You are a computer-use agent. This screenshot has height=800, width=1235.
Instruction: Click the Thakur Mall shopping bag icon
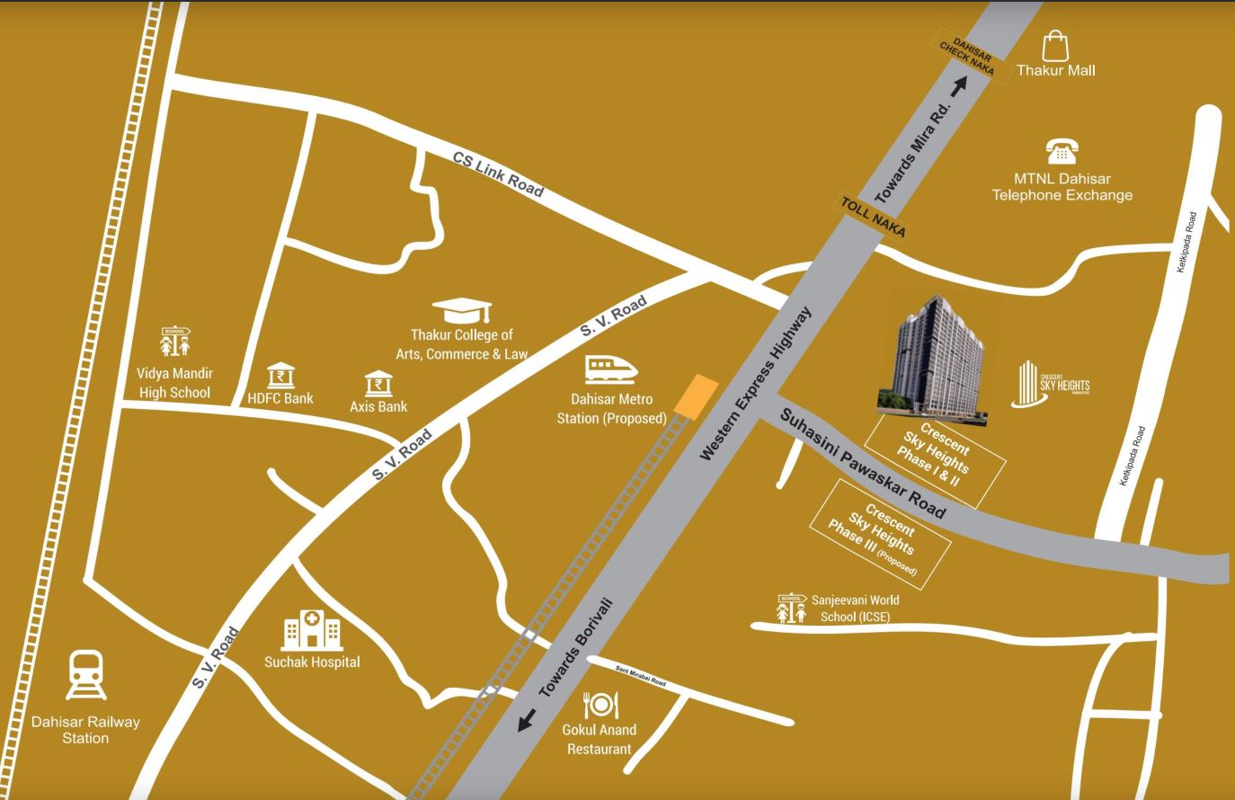(x=1054, y=47)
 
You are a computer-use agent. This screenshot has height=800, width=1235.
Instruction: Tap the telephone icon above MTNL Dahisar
(x=1062, y=152)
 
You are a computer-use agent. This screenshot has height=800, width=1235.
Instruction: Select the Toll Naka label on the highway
(x=872, y=216)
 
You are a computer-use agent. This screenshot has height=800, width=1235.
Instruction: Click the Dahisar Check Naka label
(x=967, y=58)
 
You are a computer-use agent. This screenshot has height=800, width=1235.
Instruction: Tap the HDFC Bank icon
(x=281, y=377)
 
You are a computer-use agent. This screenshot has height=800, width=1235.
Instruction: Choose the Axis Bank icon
(x=378, y=386)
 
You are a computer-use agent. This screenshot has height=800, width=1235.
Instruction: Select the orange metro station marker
(x=696, y=396)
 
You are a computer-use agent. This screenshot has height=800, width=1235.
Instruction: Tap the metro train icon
(x=611, y=369)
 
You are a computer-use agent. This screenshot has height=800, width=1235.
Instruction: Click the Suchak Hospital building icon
(x=312, y=630)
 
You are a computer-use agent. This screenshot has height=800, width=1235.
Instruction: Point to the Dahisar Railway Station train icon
(x=86, y=676)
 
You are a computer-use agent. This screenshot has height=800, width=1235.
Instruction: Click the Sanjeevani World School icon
(x=791, y=609)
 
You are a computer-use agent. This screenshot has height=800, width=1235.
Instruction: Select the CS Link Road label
(x=498, y=173)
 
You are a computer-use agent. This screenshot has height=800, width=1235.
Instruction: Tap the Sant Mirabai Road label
(x=640, y=676)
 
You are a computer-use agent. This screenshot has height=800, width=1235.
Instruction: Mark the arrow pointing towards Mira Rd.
(x=959, y=85)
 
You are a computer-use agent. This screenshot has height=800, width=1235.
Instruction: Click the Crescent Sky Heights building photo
(x=935, y=360)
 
